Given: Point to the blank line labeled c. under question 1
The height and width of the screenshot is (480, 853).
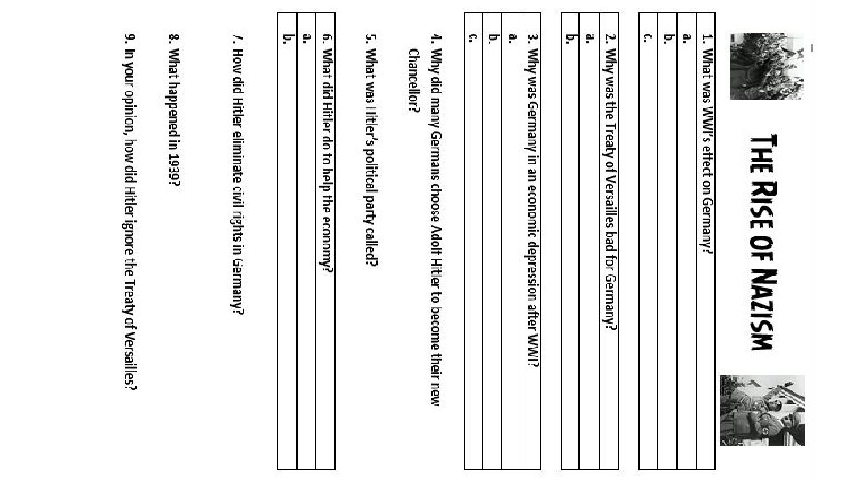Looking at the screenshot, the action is tap(647, 249).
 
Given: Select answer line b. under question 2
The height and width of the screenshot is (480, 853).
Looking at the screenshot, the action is tap(570, 249).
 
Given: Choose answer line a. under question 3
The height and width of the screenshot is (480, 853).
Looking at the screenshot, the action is tap(511, 249).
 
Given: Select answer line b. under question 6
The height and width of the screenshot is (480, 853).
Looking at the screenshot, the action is tap(287, 249).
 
